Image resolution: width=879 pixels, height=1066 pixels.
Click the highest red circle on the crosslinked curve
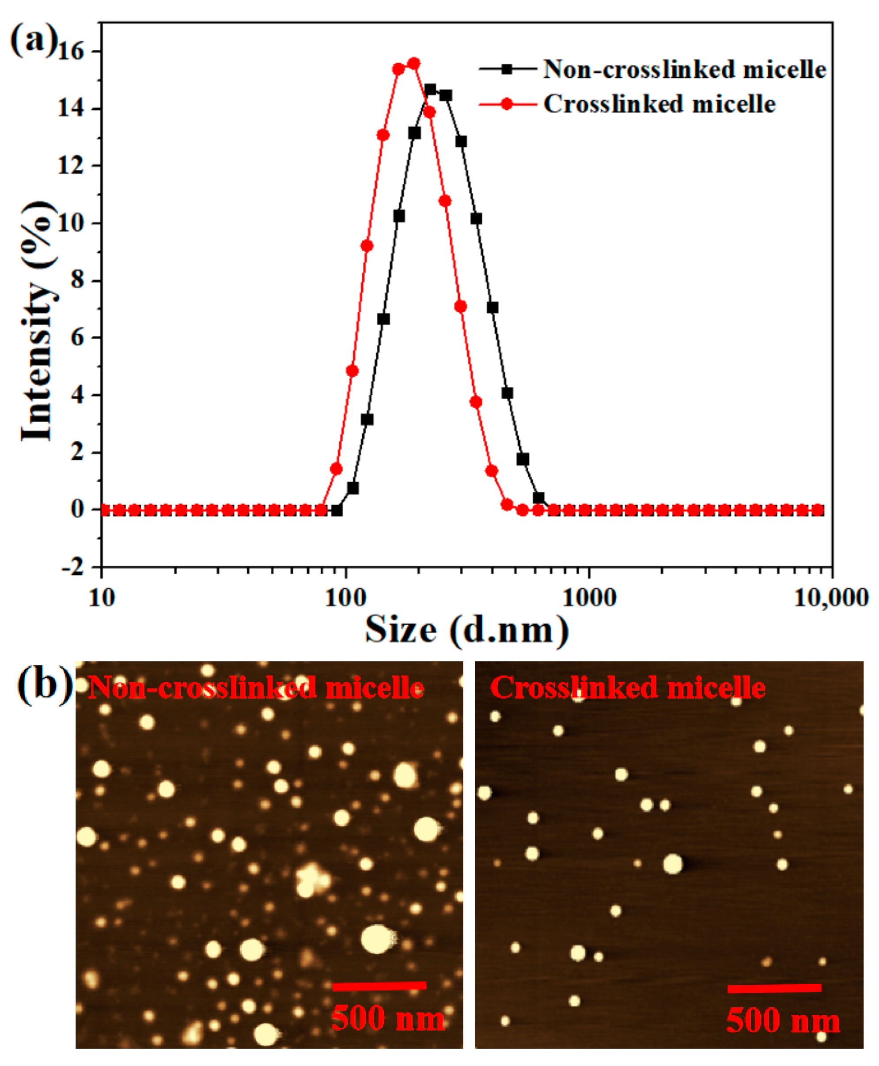414,63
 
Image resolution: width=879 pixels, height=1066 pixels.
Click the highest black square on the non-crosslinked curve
430,90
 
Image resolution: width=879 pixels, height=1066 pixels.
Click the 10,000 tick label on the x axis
830,599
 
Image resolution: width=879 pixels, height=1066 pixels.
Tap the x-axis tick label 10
102,599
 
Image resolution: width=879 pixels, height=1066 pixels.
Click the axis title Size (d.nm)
466,631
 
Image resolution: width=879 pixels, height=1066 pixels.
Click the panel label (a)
34,41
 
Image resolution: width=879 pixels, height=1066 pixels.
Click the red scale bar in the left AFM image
379,986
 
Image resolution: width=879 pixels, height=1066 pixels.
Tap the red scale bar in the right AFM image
774,988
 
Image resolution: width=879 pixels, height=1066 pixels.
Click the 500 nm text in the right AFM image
783,1021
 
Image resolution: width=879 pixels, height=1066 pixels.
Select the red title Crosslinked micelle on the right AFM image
628,688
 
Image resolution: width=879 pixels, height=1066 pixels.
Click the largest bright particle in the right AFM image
673,864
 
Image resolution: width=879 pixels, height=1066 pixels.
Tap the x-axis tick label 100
345,599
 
